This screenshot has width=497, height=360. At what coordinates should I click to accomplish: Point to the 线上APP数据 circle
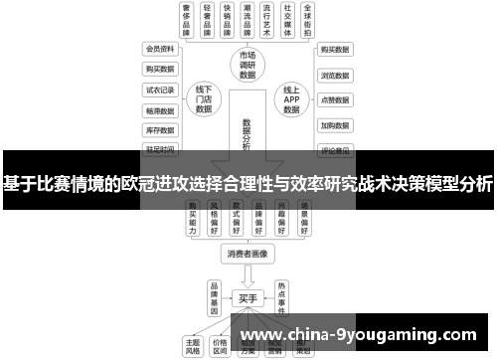pyautogui.click(x=291, y=99)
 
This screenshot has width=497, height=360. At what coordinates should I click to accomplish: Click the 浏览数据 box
pyautogui.click(x=333, y=75)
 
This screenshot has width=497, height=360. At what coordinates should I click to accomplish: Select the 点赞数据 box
pyautogui.click(x=333, y=100)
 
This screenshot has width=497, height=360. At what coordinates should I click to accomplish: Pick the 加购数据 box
pyautogui.click(x=333, y=126)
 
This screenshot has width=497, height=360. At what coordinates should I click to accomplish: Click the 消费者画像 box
pyautogui.click(x=248, y=254)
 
